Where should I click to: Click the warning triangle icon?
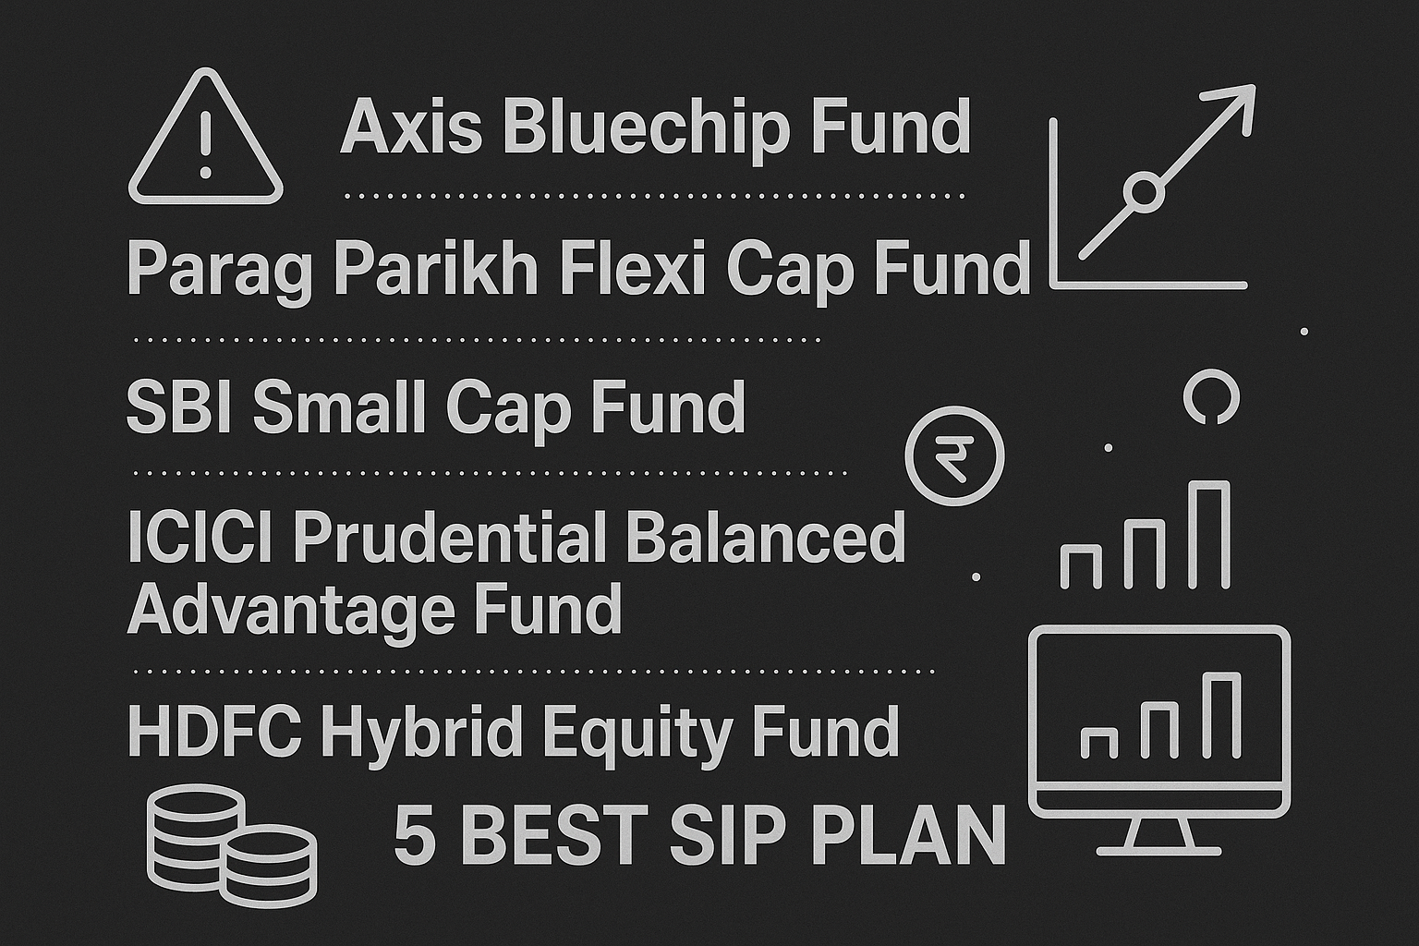click(205, 141)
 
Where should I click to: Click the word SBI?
click(180, 406)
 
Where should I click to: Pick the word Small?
click(342, 406)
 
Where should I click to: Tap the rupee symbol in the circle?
click(954, 455)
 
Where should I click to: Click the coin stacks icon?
click(231, 843)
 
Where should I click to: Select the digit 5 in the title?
click(415, 834)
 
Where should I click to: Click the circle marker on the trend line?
click(1144, 192)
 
